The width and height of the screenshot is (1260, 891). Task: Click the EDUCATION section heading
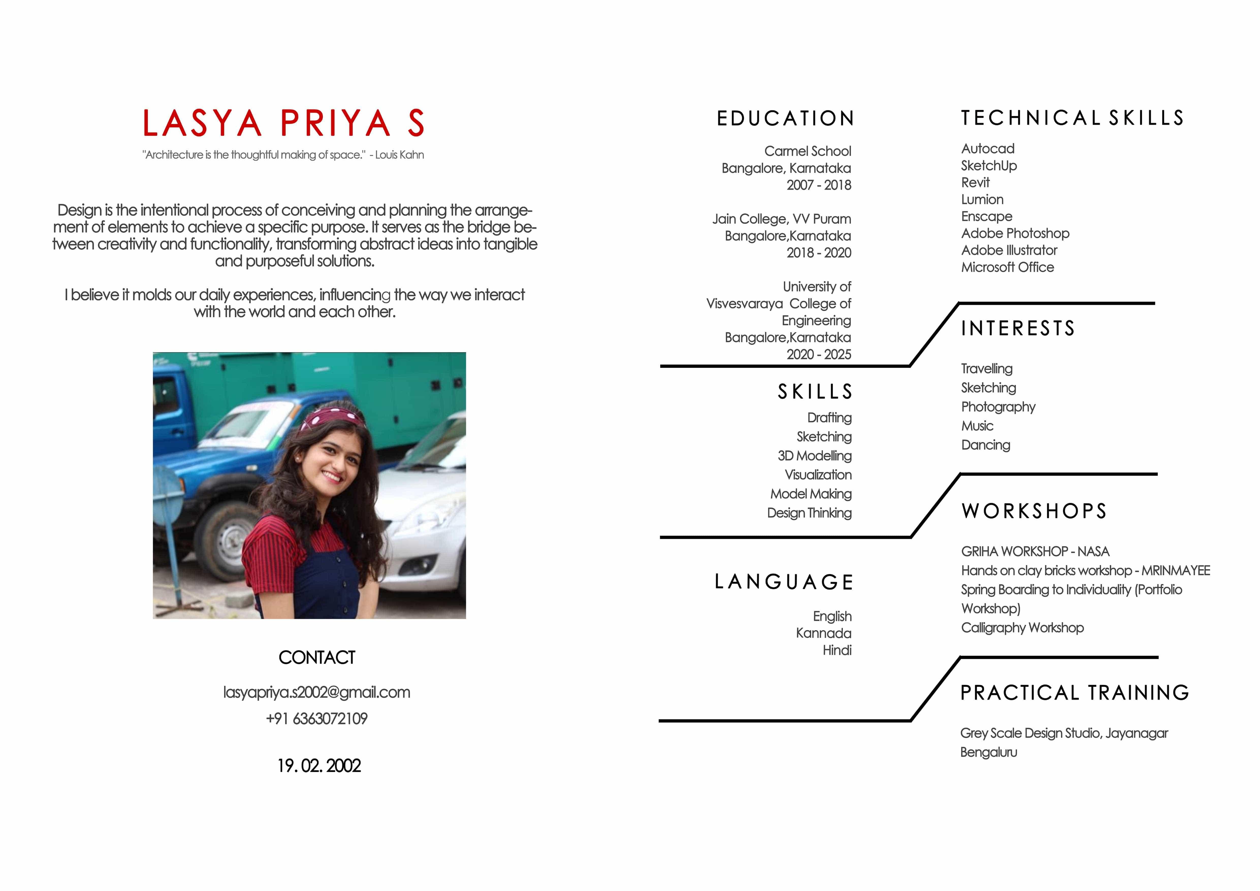[785, 119]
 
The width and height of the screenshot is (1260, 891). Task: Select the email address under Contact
[317, 692]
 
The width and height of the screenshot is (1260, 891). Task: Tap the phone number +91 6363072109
[317, 719]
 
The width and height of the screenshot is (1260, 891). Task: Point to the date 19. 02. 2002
[319, 765]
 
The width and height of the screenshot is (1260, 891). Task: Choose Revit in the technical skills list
[975, 183]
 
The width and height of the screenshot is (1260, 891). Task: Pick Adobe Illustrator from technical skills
[1009, 250]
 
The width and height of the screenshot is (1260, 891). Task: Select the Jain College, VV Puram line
[781, 219]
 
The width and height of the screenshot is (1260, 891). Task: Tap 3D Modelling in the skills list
[814, 456]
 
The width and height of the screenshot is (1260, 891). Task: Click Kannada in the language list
[824, 633]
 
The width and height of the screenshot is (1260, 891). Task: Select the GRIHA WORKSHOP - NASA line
[1035, 551]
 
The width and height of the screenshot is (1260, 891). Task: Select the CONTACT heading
[317, 657]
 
